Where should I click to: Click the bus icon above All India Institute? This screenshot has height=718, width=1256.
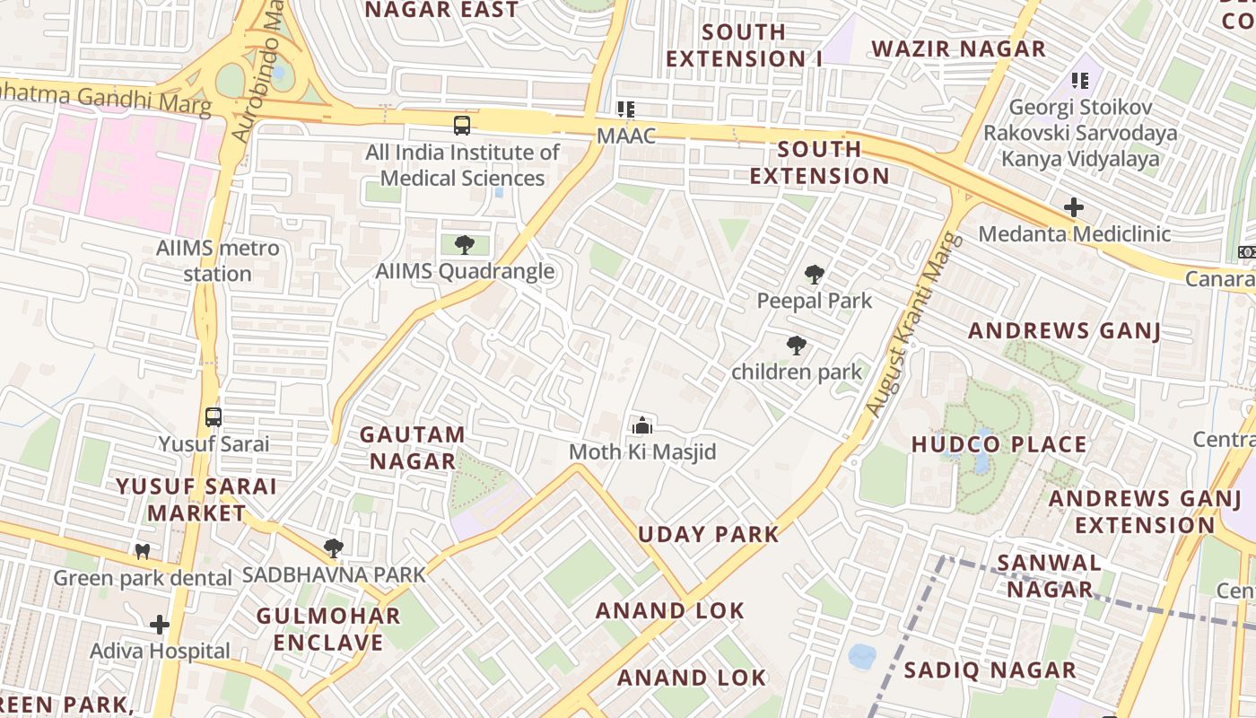462,125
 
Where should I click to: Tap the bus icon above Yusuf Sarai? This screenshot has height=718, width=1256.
214,417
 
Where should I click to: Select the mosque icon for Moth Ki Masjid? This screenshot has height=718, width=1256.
642,425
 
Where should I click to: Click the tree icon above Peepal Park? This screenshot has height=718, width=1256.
815,275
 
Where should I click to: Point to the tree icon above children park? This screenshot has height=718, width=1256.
796,346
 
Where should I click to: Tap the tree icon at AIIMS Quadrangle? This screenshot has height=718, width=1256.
465,244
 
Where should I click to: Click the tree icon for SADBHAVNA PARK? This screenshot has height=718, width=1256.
334,547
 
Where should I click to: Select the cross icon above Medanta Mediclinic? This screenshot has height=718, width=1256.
1074,207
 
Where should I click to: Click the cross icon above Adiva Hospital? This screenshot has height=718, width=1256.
160,624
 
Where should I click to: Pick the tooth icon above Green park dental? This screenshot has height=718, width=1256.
142,551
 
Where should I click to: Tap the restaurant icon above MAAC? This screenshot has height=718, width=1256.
626,109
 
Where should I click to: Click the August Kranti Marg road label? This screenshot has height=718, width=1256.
914,325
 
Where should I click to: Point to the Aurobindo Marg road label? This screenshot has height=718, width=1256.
257,72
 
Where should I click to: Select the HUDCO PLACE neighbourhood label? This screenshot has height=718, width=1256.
999,444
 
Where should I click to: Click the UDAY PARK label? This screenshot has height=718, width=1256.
709,534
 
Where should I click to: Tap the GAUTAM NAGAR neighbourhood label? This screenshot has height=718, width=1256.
413,448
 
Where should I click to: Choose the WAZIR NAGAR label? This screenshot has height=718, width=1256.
958,49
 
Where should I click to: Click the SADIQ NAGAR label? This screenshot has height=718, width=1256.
990,670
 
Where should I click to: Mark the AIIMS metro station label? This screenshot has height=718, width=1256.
218,260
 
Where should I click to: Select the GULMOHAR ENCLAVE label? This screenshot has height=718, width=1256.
328,629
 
